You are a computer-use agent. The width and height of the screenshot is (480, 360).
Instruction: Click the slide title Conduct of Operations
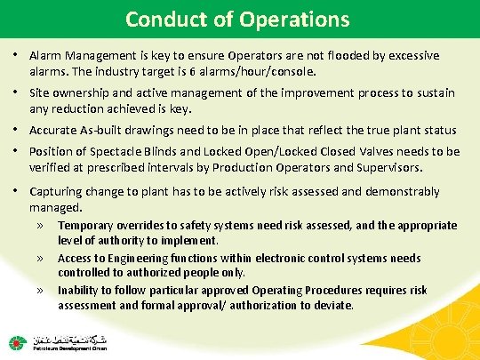[x=237, y=19]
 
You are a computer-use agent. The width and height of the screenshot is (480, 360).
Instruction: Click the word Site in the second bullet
[x=40, y=93]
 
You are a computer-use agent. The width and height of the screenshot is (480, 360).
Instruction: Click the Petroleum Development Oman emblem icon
[x=18, y=342]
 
